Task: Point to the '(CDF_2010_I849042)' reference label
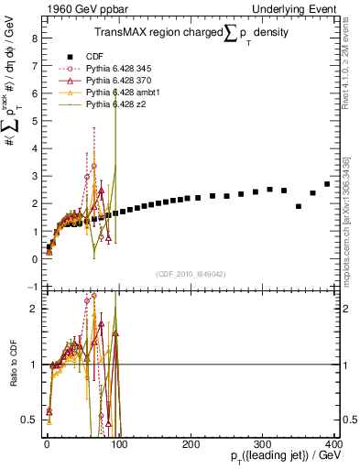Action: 191,274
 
